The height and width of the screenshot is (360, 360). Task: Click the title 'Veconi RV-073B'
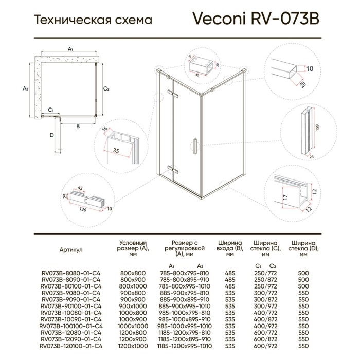click(256, 19)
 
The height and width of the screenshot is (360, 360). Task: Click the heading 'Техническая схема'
click(93, 21)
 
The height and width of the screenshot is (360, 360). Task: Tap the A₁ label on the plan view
click(71, 48)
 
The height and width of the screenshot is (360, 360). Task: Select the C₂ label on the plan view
click(106, 89)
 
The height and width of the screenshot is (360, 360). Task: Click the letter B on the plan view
click(77, 125)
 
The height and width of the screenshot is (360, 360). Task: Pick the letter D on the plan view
click(51, 135)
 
